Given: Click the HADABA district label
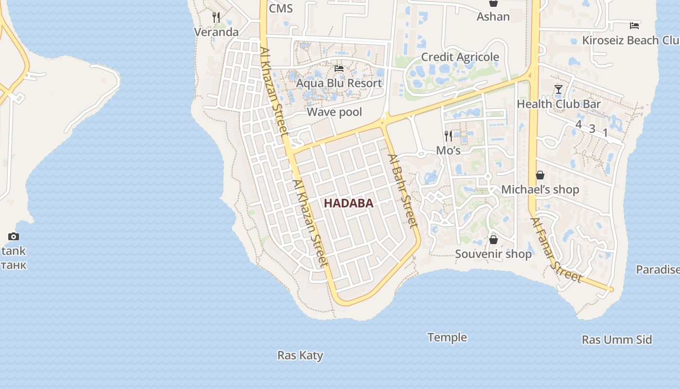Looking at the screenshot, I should (348, 203).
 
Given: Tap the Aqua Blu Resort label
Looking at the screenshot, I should (339, 83).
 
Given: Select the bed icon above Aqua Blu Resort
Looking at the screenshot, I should (339, 69).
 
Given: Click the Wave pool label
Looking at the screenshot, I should (334, 112).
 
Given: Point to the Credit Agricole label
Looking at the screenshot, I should (459, 57).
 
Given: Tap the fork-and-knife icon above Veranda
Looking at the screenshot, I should (216, 18).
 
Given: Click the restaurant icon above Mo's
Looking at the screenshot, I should (448, 136).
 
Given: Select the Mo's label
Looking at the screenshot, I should (448, 150).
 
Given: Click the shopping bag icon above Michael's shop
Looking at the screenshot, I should (540, 175).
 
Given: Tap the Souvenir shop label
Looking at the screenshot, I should (493, 253).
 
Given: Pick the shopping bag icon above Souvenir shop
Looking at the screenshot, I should (493, 240).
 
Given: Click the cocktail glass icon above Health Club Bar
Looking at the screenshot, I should (558, 89).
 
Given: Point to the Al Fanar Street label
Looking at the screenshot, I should (556, 250).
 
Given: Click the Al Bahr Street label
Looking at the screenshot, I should (403, 191).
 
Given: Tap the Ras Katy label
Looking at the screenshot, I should (300, 355).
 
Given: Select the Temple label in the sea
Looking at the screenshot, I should (447, 337).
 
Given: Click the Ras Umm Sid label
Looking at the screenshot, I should (616, 339).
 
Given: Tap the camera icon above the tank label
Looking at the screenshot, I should (14, 237).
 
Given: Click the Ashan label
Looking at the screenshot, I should (493, 17).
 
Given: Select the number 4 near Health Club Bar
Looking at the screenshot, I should (578, 124).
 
